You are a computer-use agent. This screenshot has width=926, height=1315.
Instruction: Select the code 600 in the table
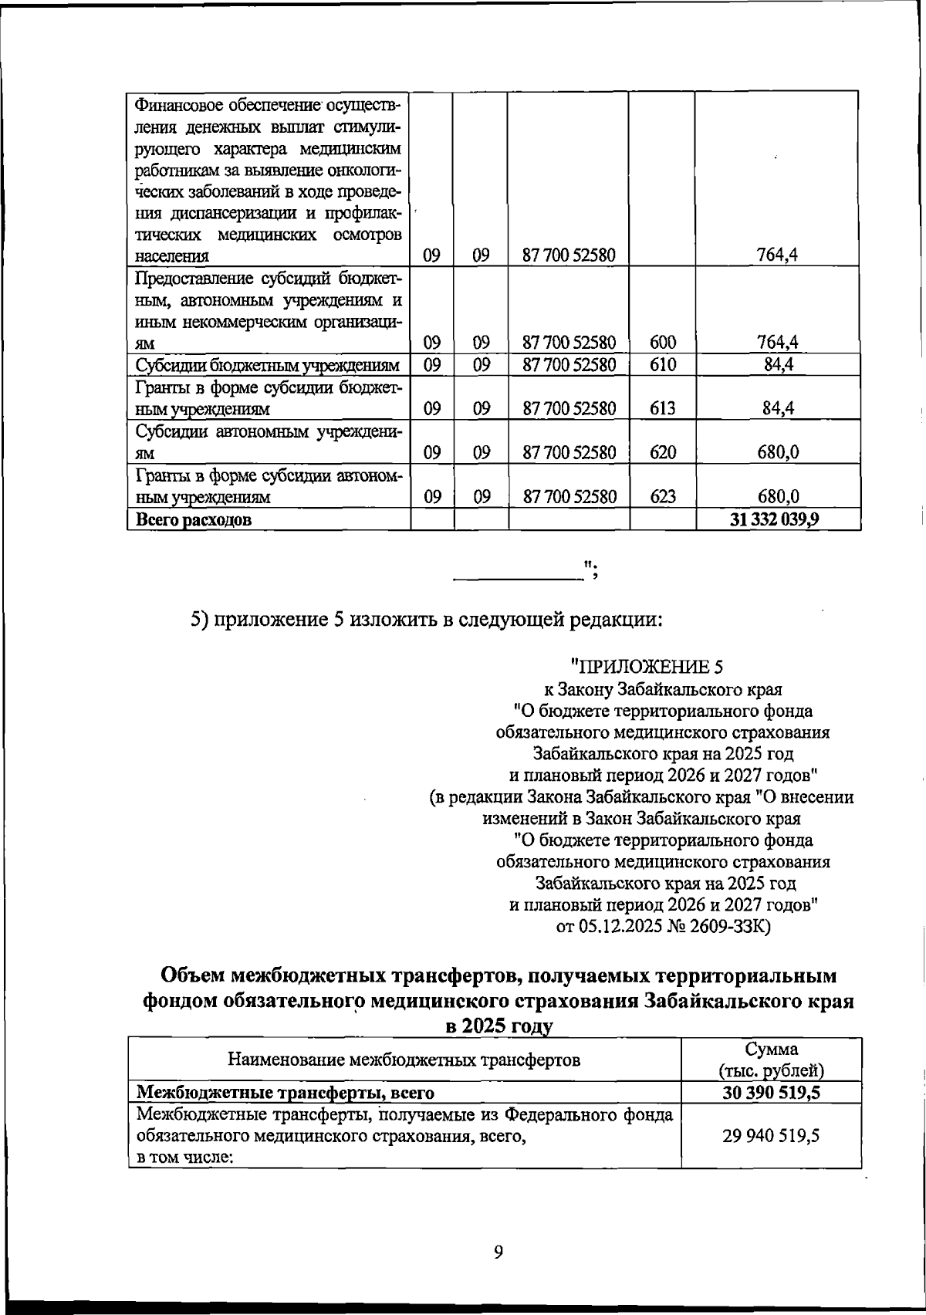point(663,342)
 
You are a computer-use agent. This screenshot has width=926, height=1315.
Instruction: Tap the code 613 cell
point(663,408)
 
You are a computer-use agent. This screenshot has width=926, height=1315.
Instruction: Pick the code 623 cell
point(663,498)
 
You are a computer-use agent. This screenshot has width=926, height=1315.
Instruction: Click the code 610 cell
point(663,364)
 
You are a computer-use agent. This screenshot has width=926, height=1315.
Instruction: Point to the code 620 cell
point(663,453)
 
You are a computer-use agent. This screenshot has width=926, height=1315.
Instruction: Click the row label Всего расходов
point(194,520)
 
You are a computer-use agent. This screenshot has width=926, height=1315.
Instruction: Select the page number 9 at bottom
point(498,1252)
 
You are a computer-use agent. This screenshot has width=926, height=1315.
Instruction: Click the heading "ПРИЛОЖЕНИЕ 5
point(646,667)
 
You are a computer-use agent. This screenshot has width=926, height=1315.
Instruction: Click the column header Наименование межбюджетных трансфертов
point(404,1059)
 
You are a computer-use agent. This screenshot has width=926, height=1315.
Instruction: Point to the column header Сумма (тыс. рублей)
point(771,1060)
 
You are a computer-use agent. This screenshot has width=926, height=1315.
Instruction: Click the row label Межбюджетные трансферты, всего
point(285,1093)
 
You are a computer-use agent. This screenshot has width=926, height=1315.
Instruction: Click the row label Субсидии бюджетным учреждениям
point(267,365)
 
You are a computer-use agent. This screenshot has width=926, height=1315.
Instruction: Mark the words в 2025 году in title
point(498,1026)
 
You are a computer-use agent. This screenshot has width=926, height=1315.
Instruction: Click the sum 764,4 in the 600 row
point(778,342)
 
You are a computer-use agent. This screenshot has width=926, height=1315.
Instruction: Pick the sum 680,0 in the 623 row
point(778,498)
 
